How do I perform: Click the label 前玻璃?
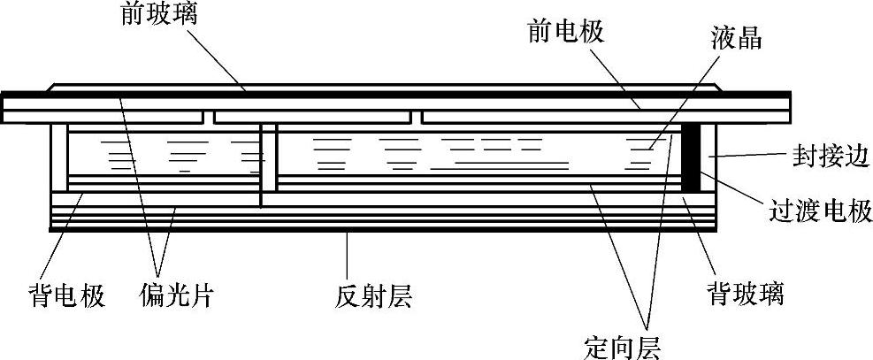click(x=157, y=16)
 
